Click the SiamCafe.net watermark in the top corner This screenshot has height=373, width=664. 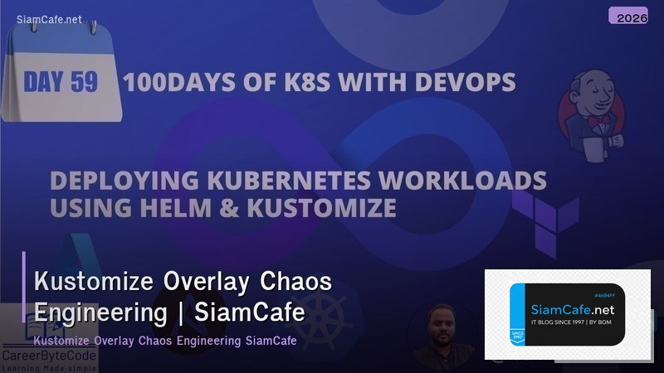pyautogui.click(x=49, y=19)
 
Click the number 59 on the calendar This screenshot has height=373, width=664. pyautogui.click(x=83, y=82)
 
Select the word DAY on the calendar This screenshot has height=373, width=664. pyautogui.click(x=43, y=82)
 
